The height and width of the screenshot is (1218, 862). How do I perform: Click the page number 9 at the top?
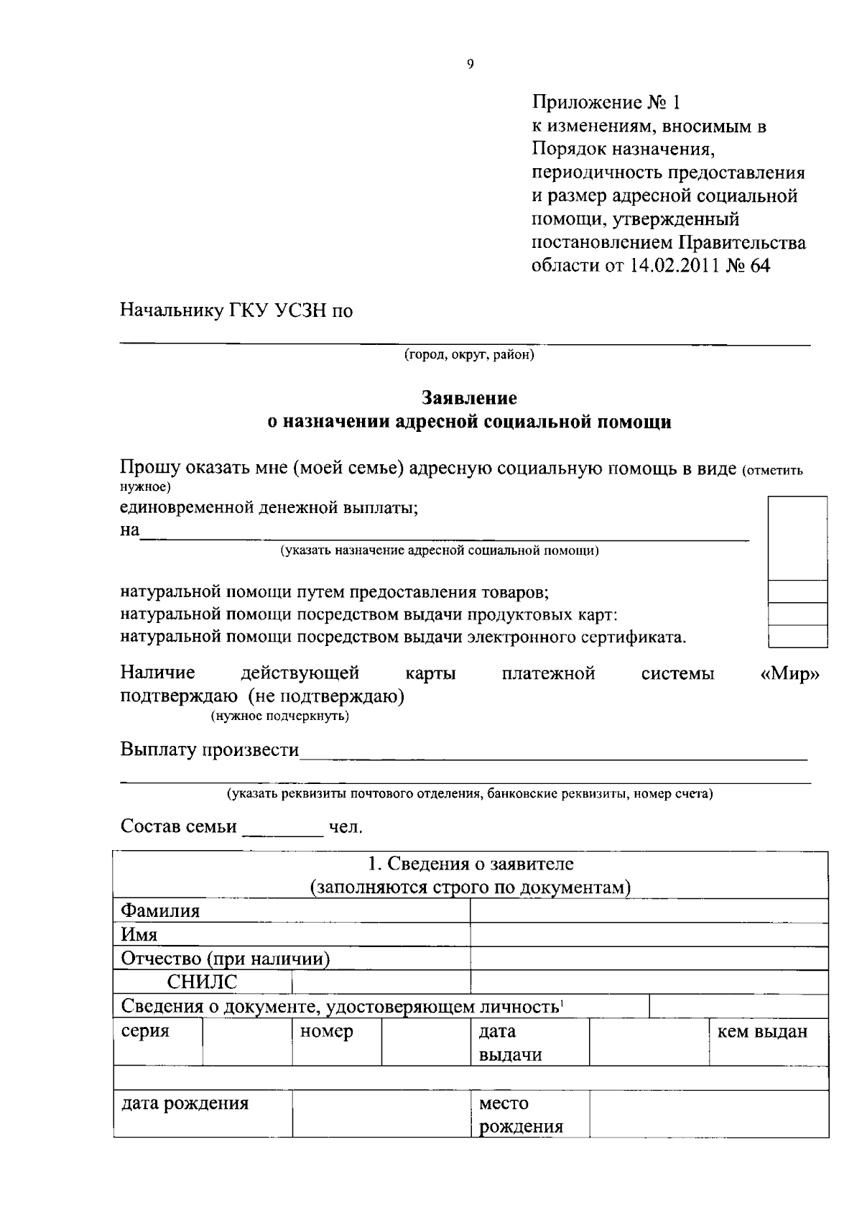471,65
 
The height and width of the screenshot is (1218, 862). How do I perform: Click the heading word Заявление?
469,397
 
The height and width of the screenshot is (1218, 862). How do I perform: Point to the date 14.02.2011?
675,265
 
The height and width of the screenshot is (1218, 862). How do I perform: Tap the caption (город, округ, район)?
469,355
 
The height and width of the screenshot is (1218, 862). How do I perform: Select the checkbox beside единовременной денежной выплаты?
797,538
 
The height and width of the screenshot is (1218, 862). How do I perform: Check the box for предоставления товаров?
797,592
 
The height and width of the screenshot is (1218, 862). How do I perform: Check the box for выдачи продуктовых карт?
797,614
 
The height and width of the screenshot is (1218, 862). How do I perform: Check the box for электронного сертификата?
797,637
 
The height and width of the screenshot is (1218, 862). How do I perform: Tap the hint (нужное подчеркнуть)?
280,716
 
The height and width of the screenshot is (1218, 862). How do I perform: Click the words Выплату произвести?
210,750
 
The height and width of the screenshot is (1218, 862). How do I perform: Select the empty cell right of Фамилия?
649,911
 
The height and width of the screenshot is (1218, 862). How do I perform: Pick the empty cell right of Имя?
649,935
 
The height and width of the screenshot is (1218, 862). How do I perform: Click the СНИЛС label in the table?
202,982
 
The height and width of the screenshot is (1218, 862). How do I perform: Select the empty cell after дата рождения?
381,1113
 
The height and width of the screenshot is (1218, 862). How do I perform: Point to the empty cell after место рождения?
708,1113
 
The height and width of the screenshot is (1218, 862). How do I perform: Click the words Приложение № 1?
605,103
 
